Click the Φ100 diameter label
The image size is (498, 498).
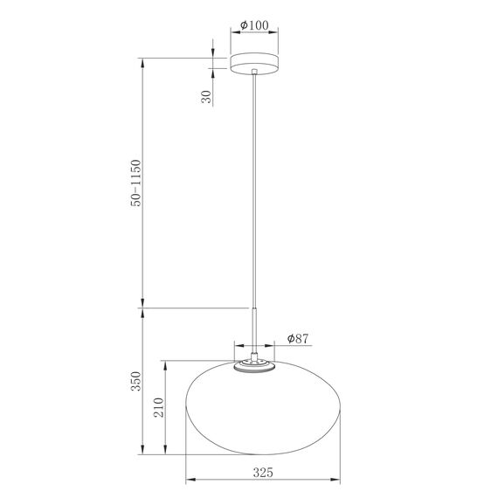pyautogui.click(x=253, y=25)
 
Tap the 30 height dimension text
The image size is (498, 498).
pyautogui.click(x=206, y=97)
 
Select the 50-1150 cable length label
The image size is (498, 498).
pyautogui.click(x=135, y=183)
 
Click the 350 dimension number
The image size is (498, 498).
pyautogui.click(x=135, y=381)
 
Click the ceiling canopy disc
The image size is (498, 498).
pyautogui.click(x=253, y=64)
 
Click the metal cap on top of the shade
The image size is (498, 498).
pyautogui.click(x=254, y=365)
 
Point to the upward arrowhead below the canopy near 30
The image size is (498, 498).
pyautogui.click(x=212, y=77)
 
